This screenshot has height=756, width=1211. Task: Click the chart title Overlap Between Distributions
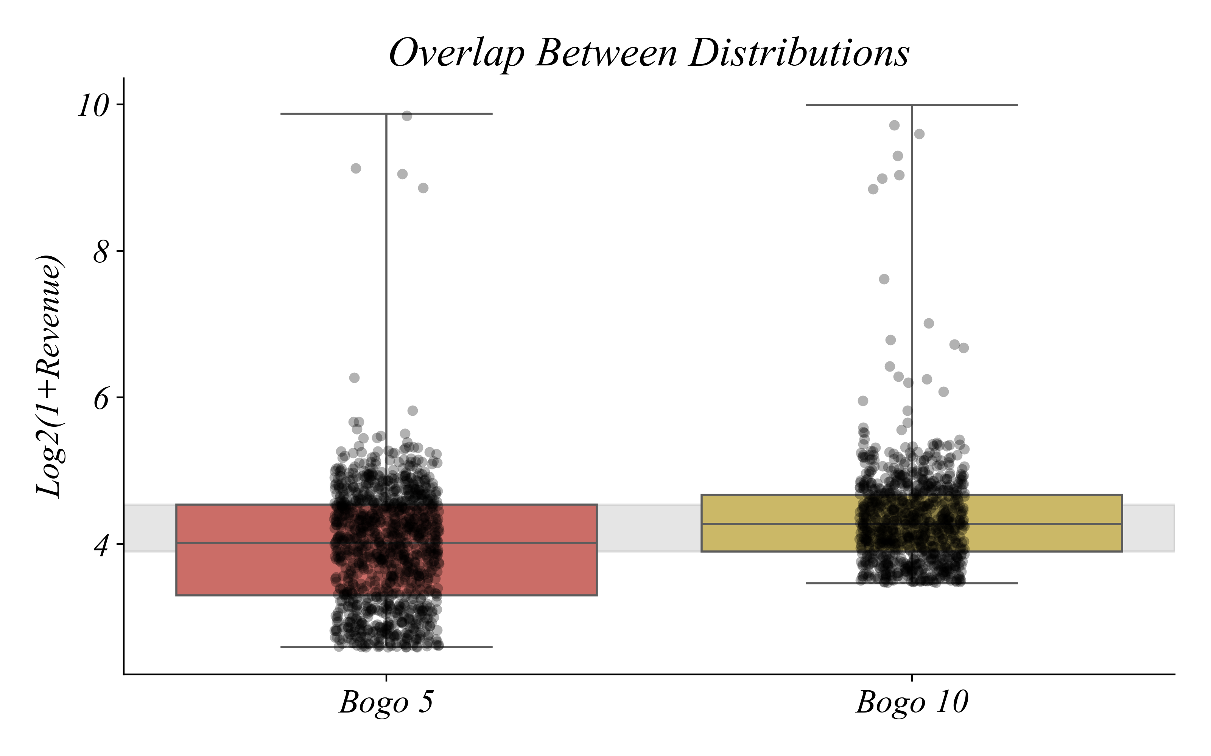point(649,53)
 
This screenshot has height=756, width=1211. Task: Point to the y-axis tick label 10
point(93,106)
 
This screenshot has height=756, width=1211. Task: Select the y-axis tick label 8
point(101,252)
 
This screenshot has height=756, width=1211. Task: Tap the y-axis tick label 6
point(101,398)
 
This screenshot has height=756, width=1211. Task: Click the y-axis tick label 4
point(101,545)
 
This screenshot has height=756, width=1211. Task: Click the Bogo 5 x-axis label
point(386,702)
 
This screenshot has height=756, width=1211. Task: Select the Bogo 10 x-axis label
point(912,702)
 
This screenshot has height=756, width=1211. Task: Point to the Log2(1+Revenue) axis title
point(49,376)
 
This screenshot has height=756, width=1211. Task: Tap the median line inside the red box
point(260,542)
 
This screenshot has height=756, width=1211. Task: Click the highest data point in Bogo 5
point(407,116)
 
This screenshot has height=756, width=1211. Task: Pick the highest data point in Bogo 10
point(894,125)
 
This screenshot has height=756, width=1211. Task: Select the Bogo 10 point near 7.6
point(884,279)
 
